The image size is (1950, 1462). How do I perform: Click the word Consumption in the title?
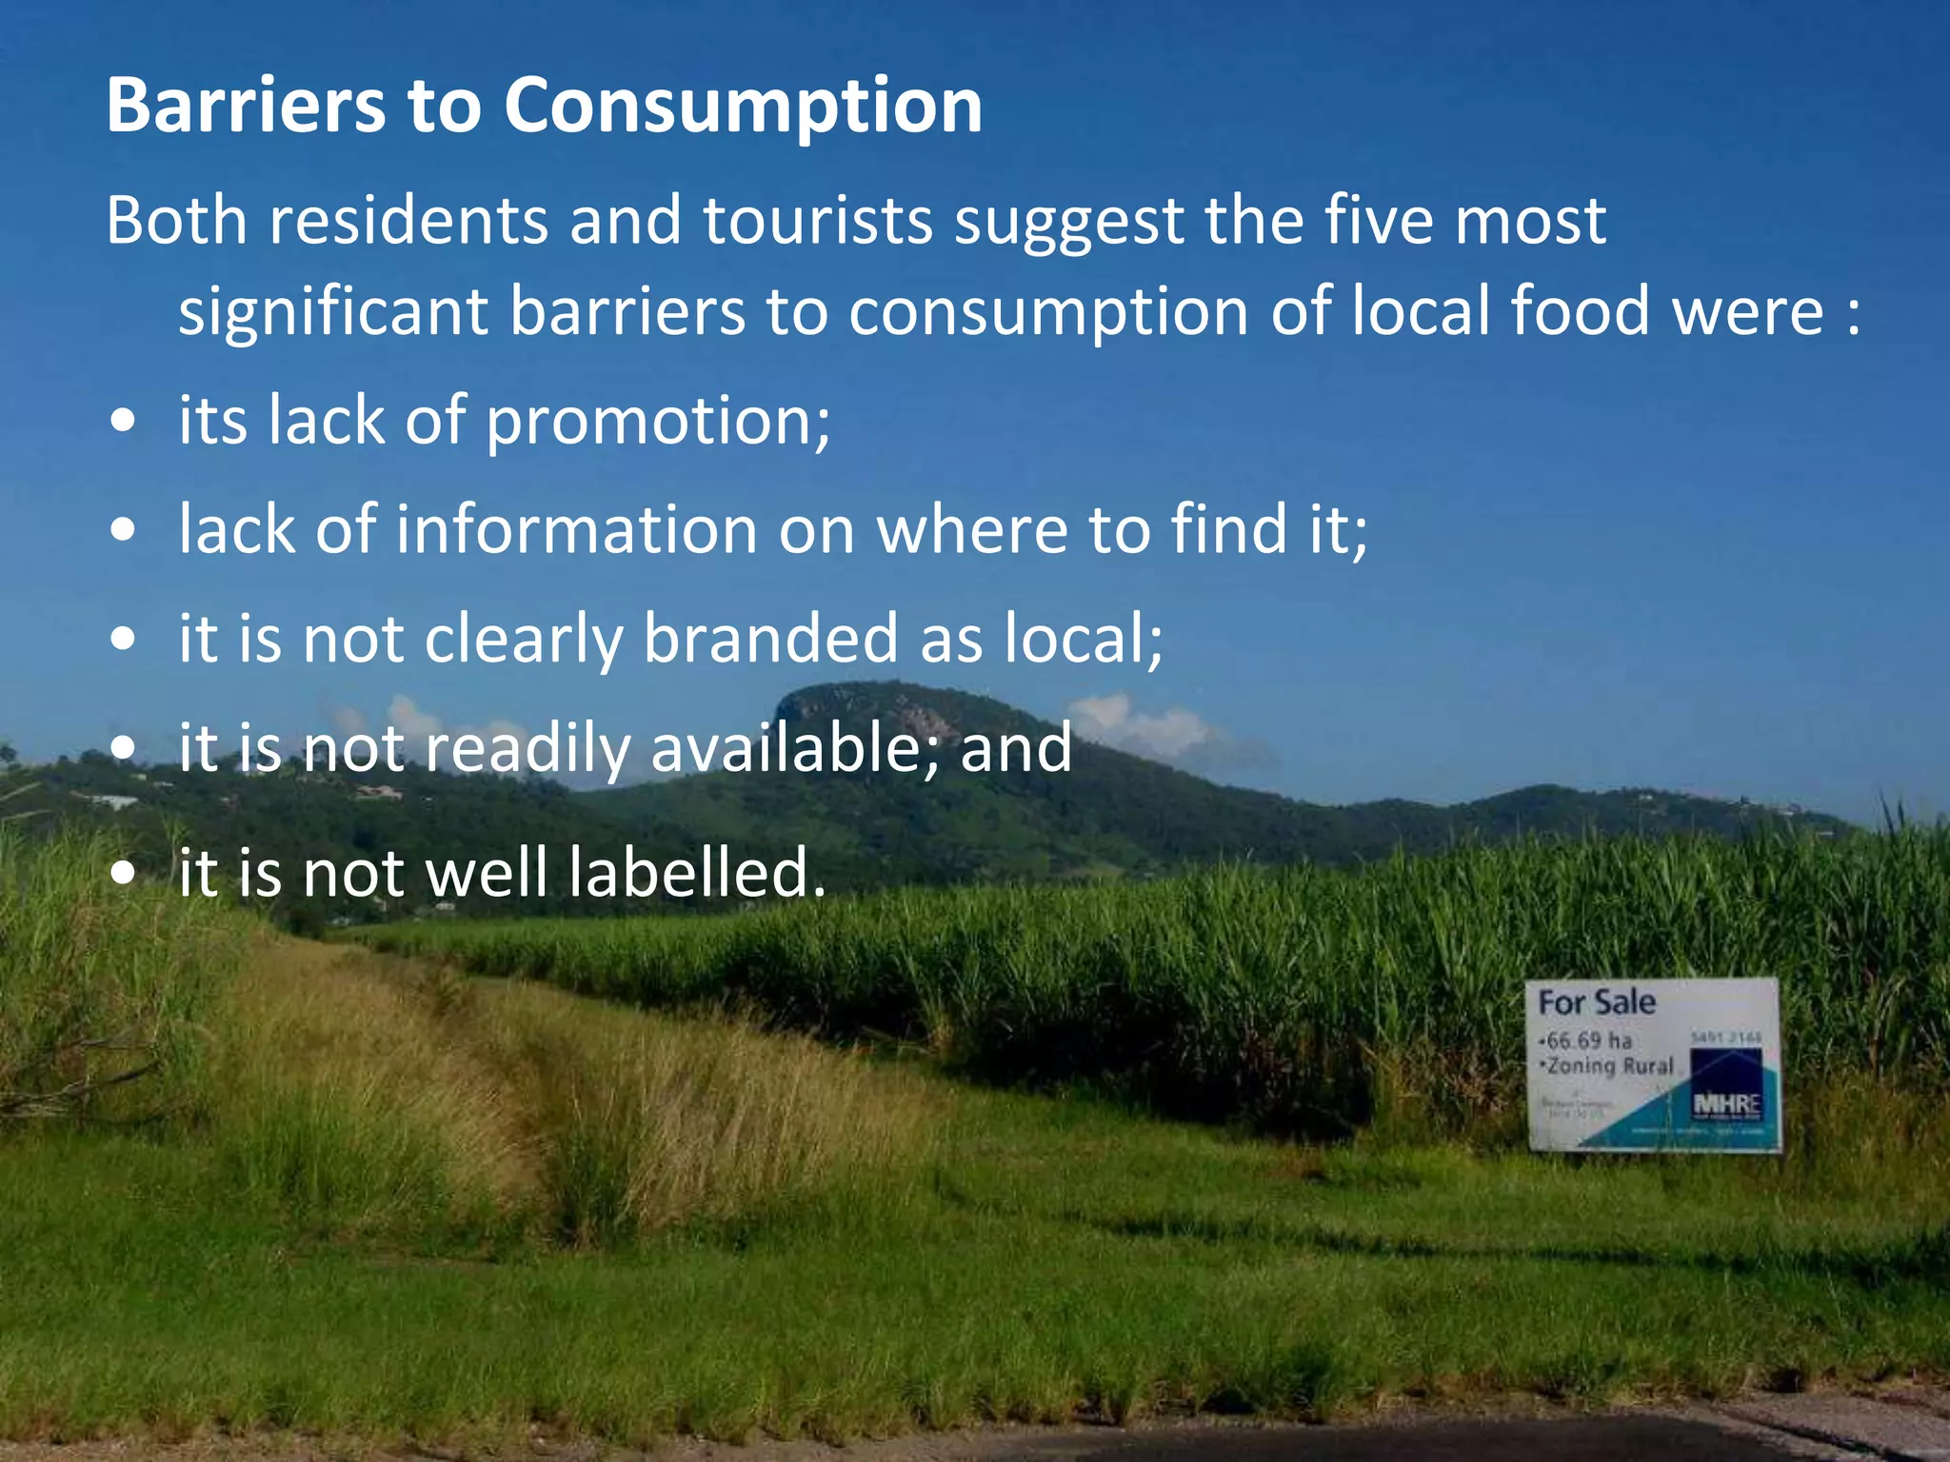click(x=743, y=107)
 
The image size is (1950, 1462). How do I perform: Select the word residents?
click(x=408, y=221)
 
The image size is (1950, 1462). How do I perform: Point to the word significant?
click(x=333, y=312)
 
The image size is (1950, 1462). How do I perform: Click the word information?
click(x=576, y=529)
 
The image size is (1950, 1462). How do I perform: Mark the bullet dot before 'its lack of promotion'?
click(x=123, y=422)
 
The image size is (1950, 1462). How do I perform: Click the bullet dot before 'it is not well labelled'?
click(x=123, y=873)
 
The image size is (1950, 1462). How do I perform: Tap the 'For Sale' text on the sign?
click(x=1597, y=1002)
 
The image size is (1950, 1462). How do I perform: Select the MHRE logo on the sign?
click(x=1726, y=1105)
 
